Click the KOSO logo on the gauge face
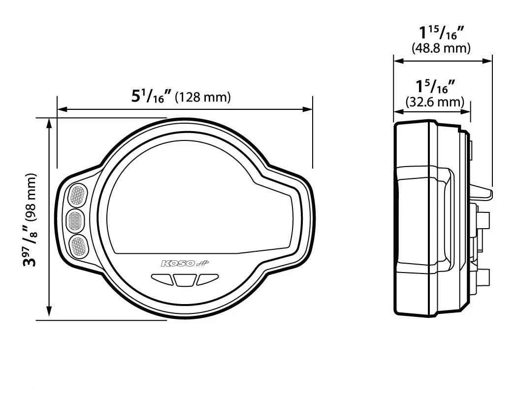tap(185, 263)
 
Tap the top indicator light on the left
tap(78, 195)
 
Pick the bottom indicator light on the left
tap(79, 246)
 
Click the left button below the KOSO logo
tap(162, 279)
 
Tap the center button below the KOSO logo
tap(185, 280)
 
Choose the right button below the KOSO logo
tap(207, 279)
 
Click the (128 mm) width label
tap(203, 97)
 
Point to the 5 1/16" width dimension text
tap(152, 96)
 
